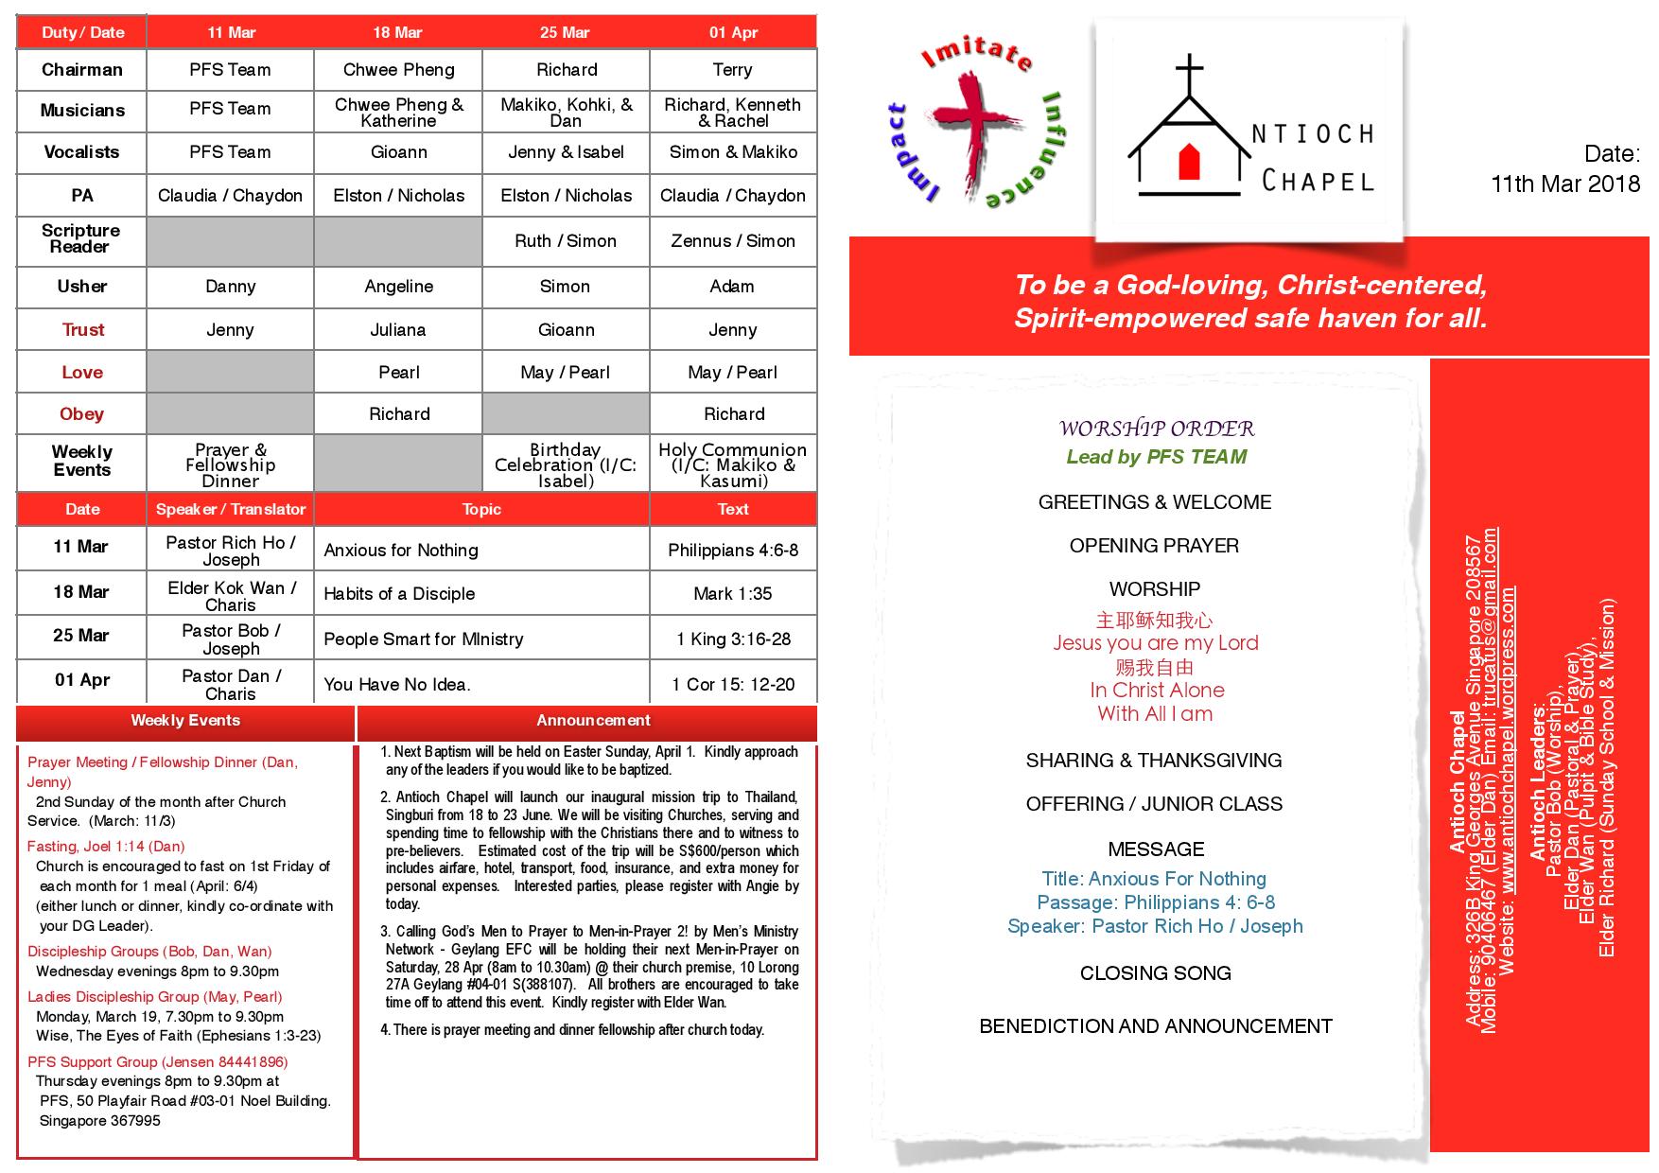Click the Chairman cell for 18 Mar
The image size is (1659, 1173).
tap(398, 70)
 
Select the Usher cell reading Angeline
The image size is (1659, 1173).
tap(398, 287)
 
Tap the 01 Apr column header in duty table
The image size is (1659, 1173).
tap(733, 32)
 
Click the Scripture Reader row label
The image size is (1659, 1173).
tap(81, 238)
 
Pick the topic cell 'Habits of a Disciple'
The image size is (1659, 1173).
tap(399, 594)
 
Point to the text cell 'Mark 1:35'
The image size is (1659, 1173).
tap(732, 594)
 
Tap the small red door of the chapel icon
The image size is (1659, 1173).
tap(1189, 162)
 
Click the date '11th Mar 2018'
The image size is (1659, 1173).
tap(1565, 184)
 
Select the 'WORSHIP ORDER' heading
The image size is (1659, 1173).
tap(1156, 429)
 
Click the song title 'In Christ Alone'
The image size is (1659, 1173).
tap(1156, 691)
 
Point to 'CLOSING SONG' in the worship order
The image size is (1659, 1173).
tap(1155, 973)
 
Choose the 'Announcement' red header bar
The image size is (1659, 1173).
tap(593, 721)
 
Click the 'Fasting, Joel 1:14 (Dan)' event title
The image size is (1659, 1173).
tap(106, 847)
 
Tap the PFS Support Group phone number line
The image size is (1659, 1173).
tap(157, 1062)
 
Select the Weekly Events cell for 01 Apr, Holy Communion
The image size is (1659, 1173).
tap(732, 464)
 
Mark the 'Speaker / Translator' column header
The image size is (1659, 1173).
tap(231, 509)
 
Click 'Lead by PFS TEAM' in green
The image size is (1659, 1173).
tap(1156, 457)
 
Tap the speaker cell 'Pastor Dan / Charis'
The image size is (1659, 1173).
tap(231, 684)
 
